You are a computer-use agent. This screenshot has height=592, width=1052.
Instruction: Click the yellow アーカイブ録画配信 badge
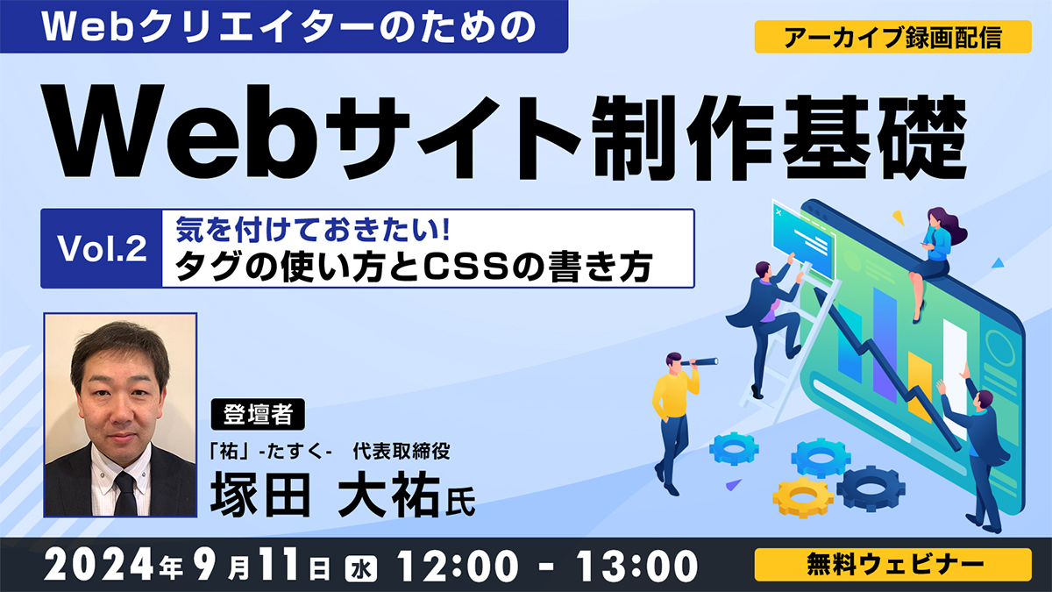[892, 37]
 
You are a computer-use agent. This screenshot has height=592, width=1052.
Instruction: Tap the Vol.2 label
[102, 248]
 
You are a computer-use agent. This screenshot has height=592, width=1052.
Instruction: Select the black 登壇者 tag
[258, 414]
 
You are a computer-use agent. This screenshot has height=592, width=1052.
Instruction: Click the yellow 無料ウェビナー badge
[892, 564]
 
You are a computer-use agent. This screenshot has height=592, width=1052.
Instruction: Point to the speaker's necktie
[125, 493]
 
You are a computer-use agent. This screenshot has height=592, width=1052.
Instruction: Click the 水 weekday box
[361, 569]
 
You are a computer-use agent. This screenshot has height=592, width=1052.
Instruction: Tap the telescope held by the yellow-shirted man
[700, 361]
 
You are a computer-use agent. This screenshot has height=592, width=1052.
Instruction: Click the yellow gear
[803, 497]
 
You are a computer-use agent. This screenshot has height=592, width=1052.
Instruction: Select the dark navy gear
[871, 488]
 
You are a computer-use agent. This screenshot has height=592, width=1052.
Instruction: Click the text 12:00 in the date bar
[458, 567]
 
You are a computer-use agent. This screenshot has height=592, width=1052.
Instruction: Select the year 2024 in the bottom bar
[101, 567]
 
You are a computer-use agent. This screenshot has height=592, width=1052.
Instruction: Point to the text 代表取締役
[402, 452]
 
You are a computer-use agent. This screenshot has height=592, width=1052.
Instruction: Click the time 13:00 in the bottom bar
[637, 567]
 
